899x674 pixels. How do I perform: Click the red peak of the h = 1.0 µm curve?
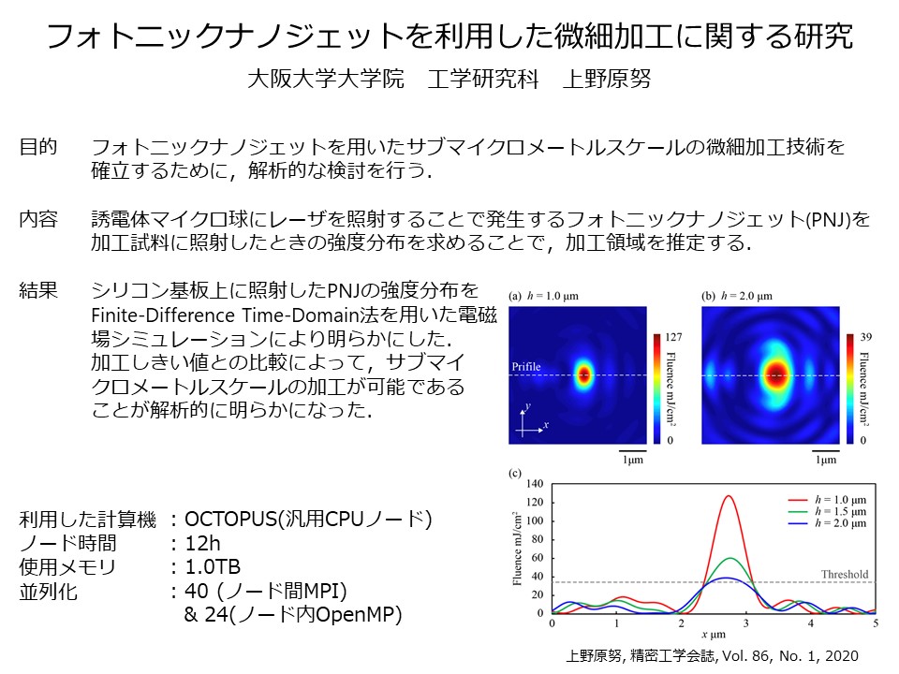[729, 496]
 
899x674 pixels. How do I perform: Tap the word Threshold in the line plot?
[845, 574]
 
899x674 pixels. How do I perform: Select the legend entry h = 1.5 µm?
[841, 511]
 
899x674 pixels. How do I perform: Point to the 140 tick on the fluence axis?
[535, 484]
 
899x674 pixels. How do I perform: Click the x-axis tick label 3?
[745, 623]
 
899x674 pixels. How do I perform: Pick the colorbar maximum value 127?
[673, 337]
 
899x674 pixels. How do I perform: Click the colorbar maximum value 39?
[865, 337]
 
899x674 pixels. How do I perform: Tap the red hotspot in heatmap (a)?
[583, 375]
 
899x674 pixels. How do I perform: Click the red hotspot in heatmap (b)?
[775, 375]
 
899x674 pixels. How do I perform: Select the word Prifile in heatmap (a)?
[525, 366]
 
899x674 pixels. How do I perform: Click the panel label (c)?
[515, 474]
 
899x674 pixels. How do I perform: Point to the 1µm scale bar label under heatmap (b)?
[826, 460]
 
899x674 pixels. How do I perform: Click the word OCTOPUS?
[230, 520]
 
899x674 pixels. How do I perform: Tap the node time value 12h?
[202, 543]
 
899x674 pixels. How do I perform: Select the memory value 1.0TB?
[213, 567]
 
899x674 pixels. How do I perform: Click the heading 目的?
[38, 147]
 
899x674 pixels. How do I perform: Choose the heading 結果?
[38, 290]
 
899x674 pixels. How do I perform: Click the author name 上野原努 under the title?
[607, 79]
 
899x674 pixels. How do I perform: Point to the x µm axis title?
[714, 635]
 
